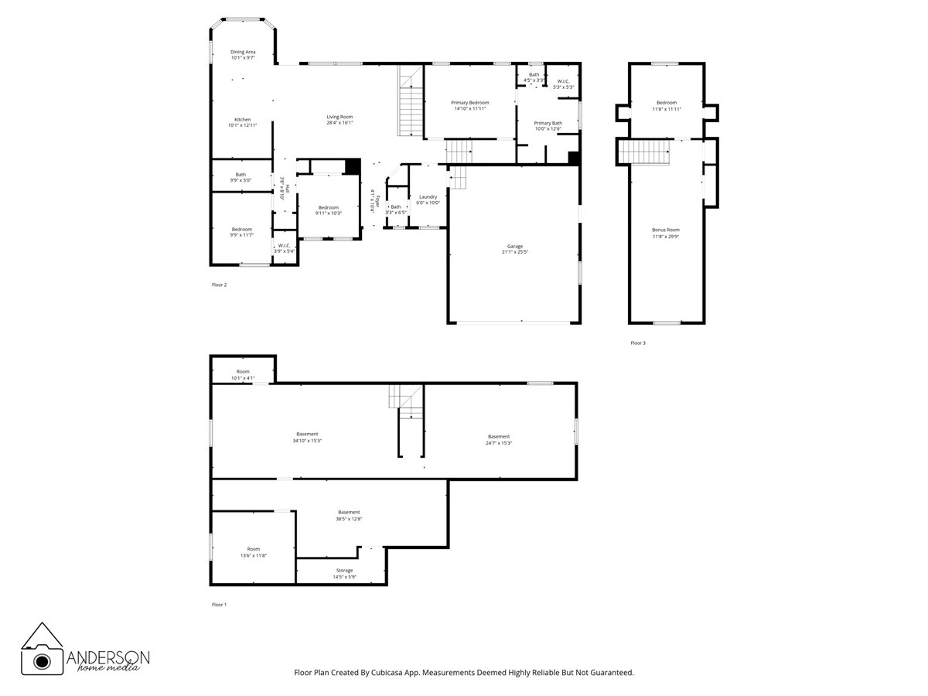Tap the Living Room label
339,117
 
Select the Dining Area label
243,52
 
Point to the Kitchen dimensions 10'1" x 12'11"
243,125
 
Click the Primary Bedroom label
470,103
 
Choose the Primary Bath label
548,123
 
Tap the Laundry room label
428,197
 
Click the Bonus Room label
666,230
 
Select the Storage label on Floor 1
344,571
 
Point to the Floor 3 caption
637,343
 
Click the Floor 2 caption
220,285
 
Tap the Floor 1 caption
220,604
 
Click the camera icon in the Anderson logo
42,660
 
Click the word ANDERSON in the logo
108,657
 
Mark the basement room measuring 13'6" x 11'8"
254,552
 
